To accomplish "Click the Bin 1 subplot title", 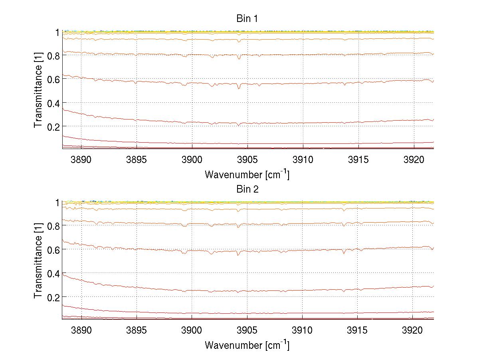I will pos(247,18).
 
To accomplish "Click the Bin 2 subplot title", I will pos(247,189).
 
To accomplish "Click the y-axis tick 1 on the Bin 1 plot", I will pos(57,32).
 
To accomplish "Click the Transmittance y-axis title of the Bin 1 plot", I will pos(38,90).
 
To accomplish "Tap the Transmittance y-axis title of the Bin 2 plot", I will pos(38,261).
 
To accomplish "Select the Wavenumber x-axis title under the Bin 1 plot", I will pos(247,175).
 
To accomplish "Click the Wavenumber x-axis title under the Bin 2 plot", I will pos(247,345).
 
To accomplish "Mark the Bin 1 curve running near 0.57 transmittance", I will pos(279,84).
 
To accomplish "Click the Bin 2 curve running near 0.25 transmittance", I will pos(279,290).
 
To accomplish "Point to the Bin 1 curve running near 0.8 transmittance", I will pos(279,55).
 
